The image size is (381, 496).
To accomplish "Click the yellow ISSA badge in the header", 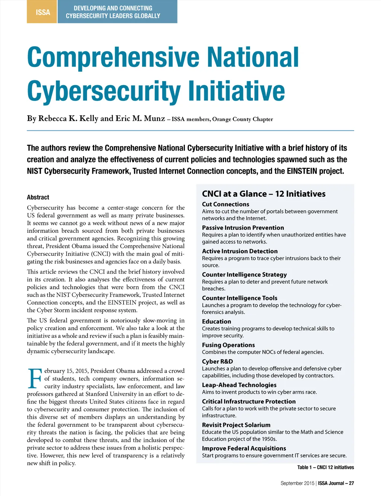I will [x=42, y=12].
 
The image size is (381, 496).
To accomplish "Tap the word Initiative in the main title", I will [x=236, y=91].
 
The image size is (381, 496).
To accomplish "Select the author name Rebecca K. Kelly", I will [x=63, y=119].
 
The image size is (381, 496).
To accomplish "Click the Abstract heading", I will [x=38, y=197].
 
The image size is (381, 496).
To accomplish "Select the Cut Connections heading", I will [x=225, y=204].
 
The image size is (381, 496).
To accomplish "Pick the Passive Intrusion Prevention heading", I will [x=243, y=228].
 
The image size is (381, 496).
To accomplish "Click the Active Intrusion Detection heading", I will [x=240, y=251].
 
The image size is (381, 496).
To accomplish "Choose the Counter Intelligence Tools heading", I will [x=240, y=298].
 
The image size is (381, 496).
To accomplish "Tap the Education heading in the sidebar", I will [x=217, y=322].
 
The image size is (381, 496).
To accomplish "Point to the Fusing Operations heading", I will [x=228, y=345].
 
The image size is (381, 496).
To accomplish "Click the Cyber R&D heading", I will [x=217, y=361].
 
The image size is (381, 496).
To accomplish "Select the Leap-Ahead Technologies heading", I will [x=239, y=385].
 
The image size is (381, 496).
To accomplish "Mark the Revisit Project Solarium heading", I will [x=236, y=425].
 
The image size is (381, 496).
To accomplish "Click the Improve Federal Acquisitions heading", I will [x=244, y=448].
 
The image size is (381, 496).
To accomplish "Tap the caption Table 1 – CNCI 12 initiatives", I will [x=326, y=467].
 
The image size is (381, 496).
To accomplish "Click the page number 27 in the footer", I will [x=351, y=483].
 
